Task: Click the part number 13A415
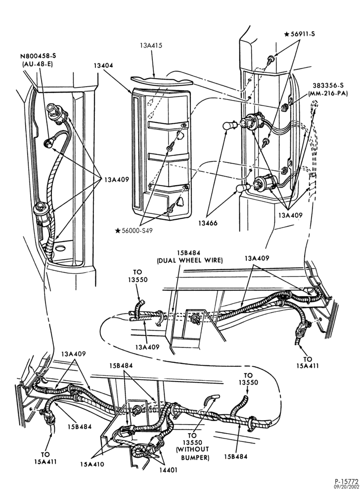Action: pos(151,46)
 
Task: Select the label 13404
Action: pos(103,66)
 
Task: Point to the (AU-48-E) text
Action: pos(38,63)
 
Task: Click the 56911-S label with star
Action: pos(300,34)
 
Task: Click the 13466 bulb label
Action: pos(208,223)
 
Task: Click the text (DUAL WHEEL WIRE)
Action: pos(190,260)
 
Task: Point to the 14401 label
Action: pos(168,470)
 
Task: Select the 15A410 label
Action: pos(91,464)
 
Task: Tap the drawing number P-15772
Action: pos(347,482)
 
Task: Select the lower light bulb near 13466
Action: pos(243,188)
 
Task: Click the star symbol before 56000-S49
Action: pos(118,231)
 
